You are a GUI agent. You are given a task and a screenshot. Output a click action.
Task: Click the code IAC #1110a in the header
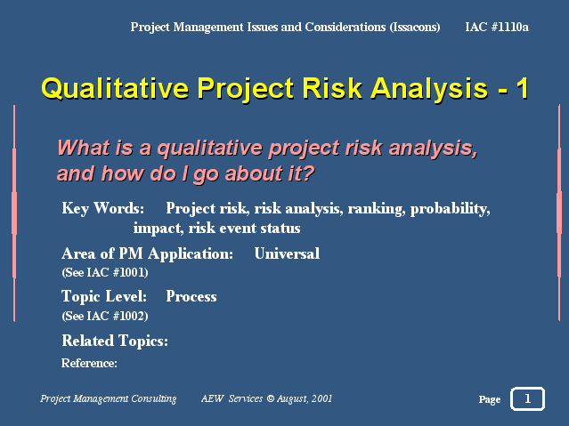497,27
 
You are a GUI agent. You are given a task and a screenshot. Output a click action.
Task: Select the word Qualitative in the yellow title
115,88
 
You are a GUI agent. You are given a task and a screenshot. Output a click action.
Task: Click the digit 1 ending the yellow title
522,88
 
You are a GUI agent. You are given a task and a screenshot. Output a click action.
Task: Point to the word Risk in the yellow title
332,88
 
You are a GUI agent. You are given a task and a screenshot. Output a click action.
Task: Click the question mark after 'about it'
308,173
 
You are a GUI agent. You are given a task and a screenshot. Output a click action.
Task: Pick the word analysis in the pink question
433,149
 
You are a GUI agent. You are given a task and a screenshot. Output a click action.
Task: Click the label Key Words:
102,208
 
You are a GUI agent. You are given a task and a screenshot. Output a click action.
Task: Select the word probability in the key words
450,208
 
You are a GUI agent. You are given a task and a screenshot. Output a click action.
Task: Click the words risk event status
244,228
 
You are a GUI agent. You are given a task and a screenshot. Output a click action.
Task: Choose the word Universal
287,253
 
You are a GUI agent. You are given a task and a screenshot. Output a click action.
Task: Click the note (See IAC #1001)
105,272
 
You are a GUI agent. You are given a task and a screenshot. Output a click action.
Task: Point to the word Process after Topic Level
191,296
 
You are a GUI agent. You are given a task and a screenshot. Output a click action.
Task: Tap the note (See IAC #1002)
105,316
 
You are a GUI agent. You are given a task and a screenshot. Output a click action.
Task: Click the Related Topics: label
115,341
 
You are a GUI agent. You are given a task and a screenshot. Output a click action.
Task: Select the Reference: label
89,363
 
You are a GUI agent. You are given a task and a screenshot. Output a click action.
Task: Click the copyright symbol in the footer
271,398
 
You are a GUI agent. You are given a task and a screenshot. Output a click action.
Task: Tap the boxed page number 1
527,398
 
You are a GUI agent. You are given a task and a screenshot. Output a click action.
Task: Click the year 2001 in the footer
321,398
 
